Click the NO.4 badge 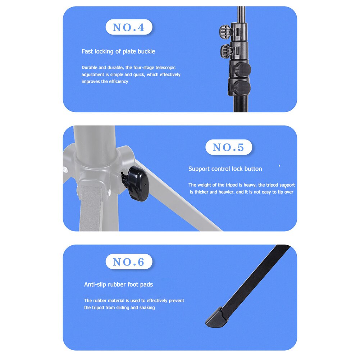pyautogui.click(x=129, y=27)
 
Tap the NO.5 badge pyautogui.click(x=229, y=147)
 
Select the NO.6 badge pyautogui.click(x=129, y=262)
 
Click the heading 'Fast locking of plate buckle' pyautogui.click(x=118, y=51)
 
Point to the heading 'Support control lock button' pyautogui.click(x=225, y=169)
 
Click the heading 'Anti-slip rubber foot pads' pyautogui.click(x=118, y=284)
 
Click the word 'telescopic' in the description pyautogui.click(x=165, y=68)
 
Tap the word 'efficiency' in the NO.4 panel pyautogui.click(x=117, y=82)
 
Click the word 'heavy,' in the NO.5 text pyautogui.click(x=249, y=185)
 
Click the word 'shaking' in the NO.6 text pyautogui.click(x=147, y=307)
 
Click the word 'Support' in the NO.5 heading pyautogui.click(x=199, y=169)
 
